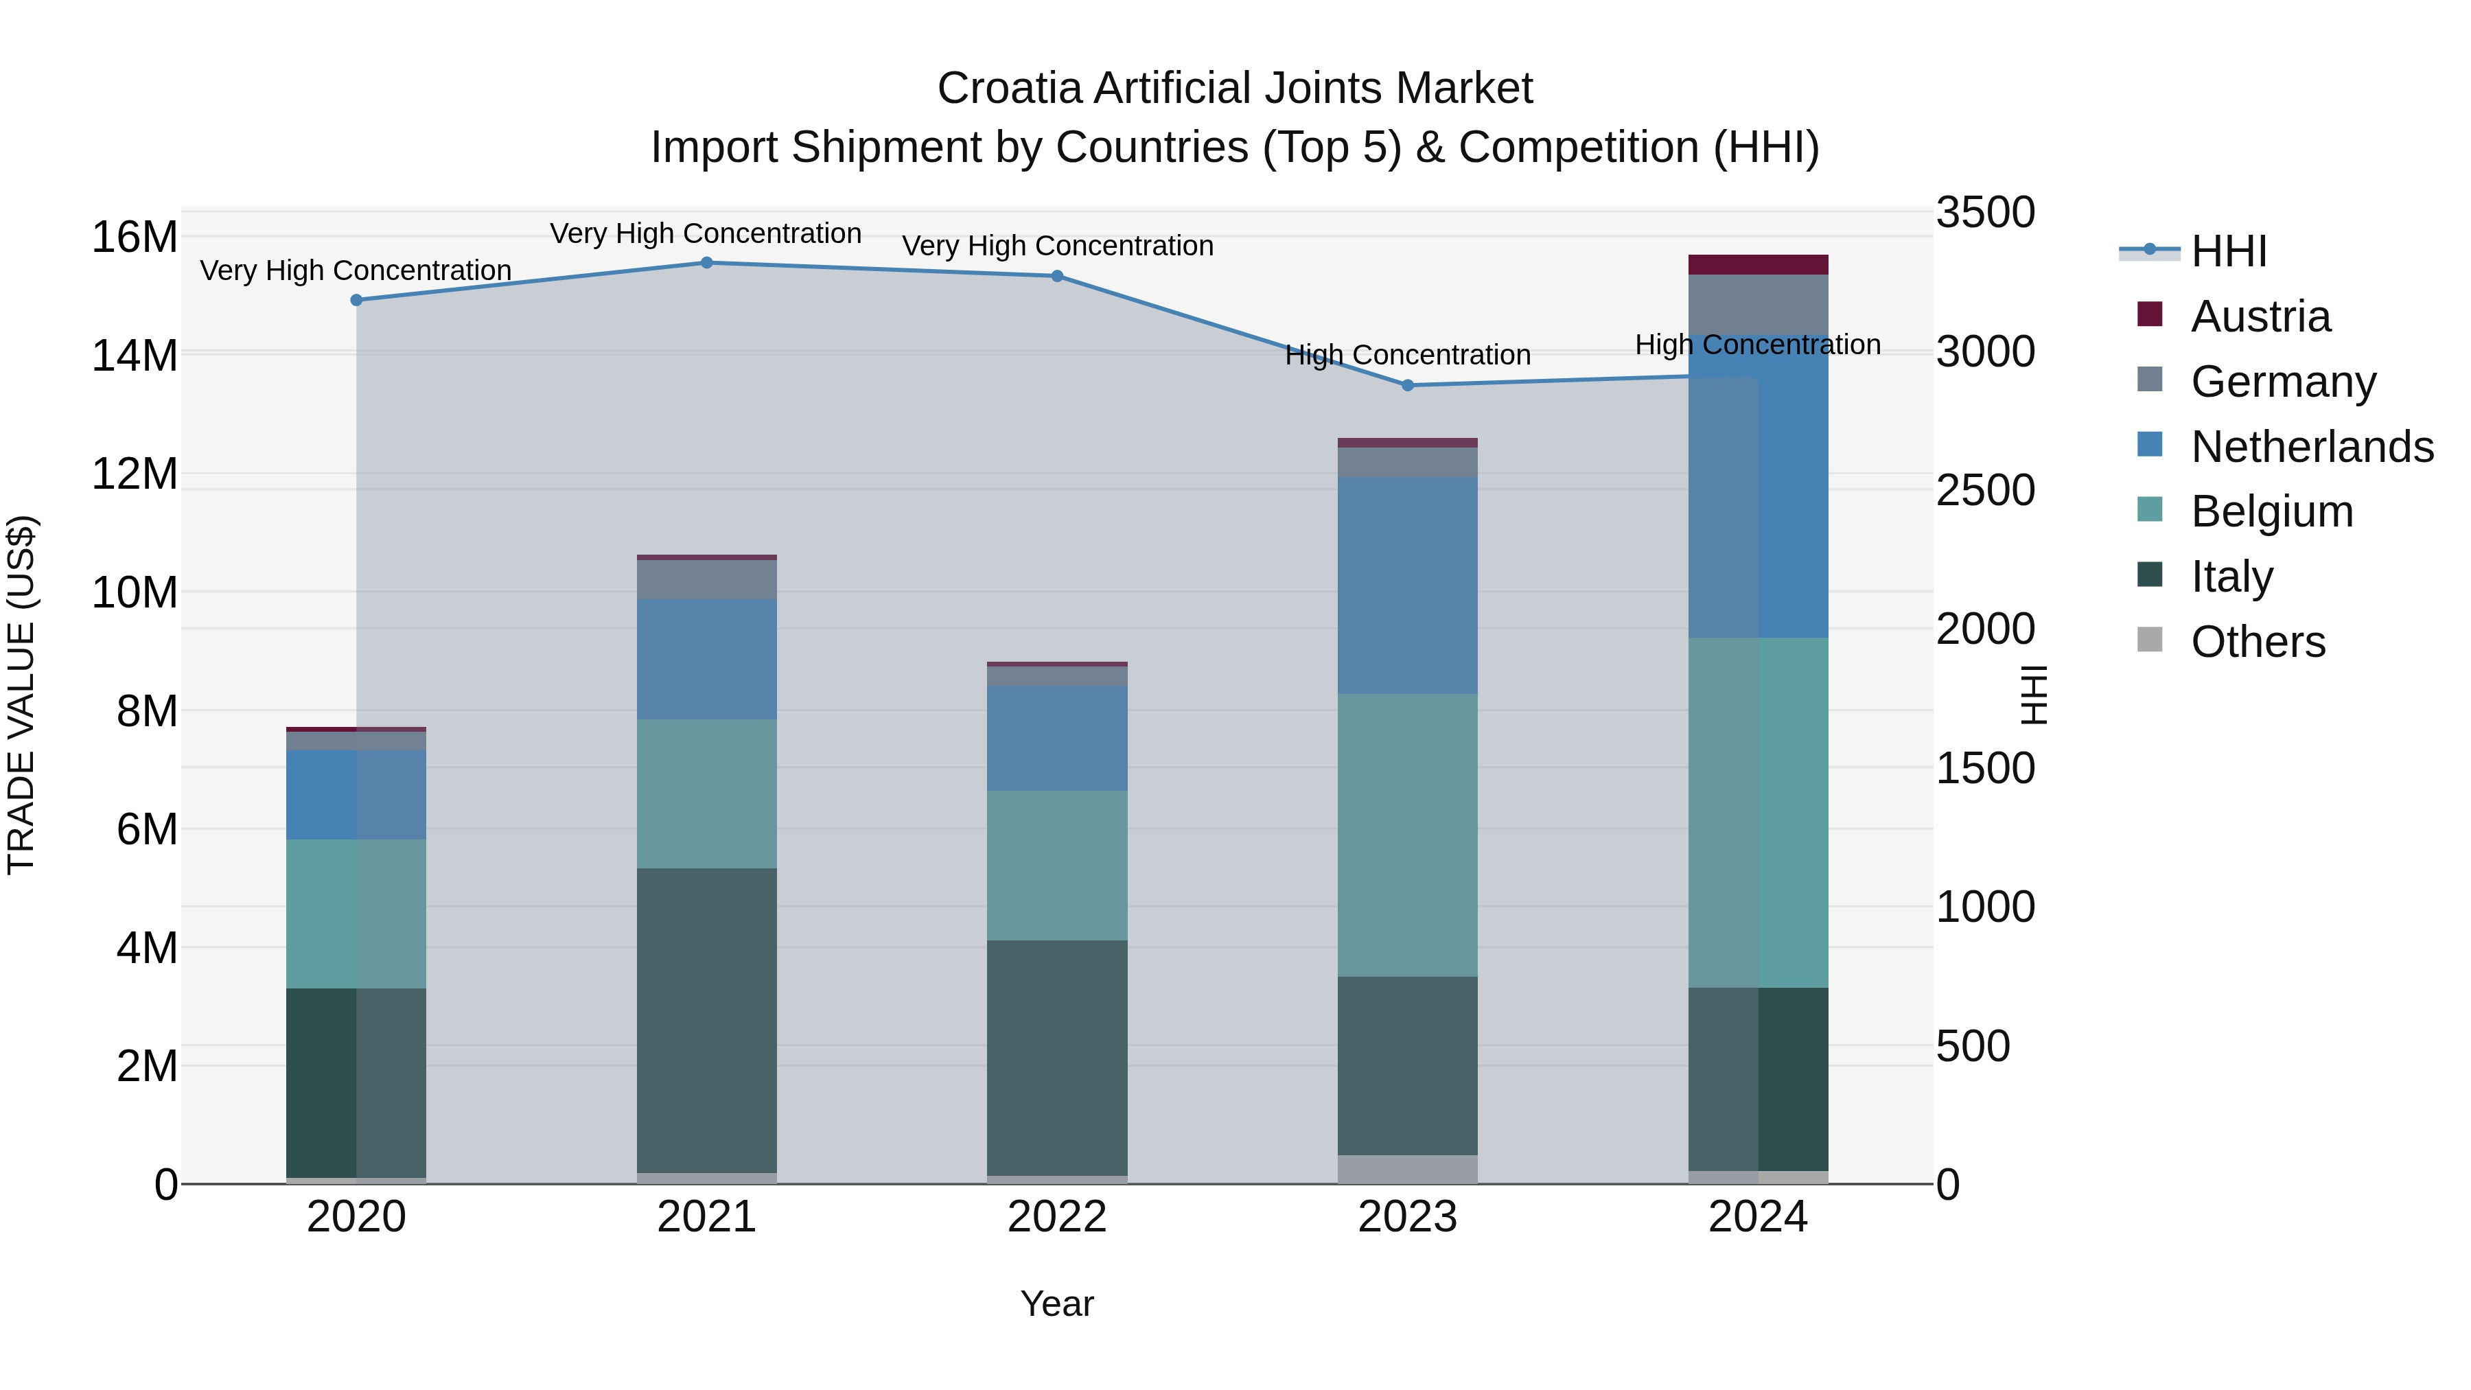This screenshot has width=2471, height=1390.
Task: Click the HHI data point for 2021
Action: point(707,263)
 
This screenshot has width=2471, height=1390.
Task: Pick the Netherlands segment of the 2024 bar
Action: point(1759,487)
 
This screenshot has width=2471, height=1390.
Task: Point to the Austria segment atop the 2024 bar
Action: point(1759,265)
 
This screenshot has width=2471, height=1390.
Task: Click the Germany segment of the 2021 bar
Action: point(707,579)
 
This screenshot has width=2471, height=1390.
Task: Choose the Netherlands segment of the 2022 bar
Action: point(1057,738)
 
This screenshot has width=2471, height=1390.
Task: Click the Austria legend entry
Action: point(2260,316)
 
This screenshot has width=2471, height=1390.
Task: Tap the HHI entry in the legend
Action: point(2228,251)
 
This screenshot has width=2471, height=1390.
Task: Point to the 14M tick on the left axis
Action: point(135,356)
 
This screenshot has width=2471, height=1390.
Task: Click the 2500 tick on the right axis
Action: point(1984,490)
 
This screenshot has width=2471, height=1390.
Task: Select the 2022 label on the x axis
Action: point(1057,1217)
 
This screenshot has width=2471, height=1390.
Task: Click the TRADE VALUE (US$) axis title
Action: point(21,695)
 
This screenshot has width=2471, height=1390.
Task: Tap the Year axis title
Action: point(1057,1304)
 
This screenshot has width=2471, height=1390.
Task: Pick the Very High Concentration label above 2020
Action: point(356,270)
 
